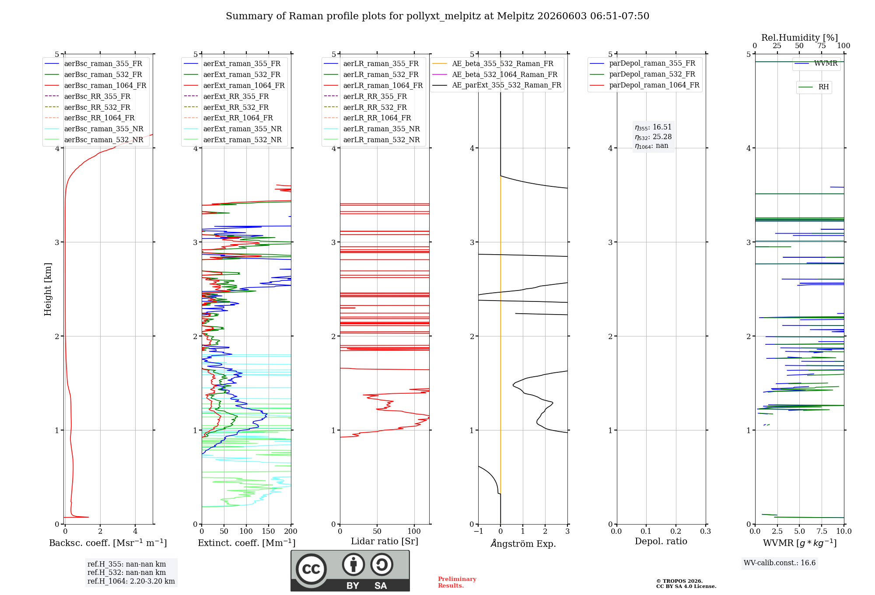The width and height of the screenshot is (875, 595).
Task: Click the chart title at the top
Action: pyautogui.click(x=437, y=16)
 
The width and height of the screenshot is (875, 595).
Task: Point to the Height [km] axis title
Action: pyautogui.click(x=48, y=289)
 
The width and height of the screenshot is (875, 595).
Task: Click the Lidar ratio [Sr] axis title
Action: pyautogui.click(x=385, y=541)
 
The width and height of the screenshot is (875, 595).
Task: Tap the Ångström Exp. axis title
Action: pyautogui.click(x=523, y=543)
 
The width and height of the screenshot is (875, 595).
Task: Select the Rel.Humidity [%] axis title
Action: pyautogui.click(x=800, y=38)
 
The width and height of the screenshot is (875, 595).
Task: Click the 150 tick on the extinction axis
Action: pyautogui.click(x=268, y=531)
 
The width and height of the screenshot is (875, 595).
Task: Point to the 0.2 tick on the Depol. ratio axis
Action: pyautogui.click(x=676, y=531)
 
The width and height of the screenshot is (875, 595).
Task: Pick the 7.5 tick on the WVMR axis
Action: pyautogui.click(x=822, y=531)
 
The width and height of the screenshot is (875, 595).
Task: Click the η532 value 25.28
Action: pyautogui.click(x=662, y=137)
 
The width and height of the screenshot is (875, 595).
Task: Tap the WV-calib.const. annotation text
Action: pyautogui.click(x=780, y=563)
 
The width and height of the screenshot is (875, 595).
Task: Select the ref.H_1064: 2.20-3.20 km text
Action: pyautogui.click(x=131, y=581)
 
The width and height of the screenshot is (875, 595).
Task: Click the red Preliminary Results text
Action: pyautogui.click(x=457, y=582)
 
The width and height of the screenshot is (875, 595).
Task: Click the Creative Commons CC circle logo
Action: pyautogui.click(x=311, y=569)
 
